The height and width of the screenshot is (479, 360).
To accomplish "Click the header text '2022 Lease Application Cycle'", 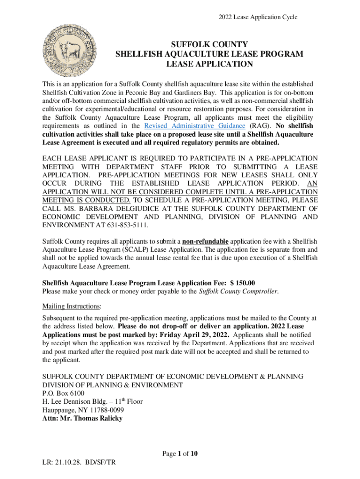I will click(258, 17).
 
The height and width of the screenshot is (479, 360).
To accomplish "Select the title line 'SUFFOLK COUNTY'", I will click(209, 44).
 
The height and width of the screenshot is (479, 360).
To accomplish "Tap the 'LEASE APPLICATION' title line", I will click(209, 64).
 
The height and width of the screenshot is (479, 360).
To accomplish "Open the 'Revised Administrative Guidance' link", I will click(194, 126).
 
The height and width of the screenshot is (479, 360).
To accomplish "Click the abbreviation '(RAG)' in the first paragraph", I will click(257, 126).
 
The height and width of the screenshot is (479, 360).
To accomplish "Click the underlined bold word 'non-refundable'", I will click(205, 241).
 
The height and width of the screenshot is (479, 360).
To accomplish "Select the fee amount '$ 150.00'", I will click(240, 283).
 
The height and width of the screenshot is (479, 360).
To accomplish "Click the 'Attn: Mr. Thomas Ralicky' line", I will click(82, 418).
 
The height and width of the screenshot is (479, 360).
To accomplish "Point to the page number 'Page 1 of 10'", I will click(180, 453).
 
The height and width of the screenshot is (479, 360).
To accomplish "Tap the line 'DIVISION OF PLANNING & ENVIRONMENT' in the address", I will click(112, 385).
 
